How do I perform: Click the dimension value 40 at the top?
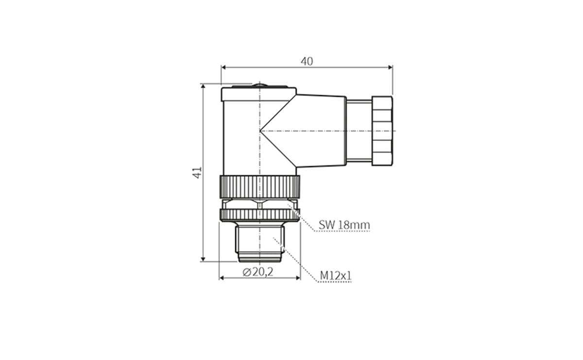(x=307, y=61)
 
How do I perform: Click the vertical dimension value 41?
(x=197, y=172)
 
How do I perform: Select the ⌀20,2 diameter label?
(x=258, y=272)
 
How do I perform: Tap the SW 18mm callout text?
(x=344, y=225)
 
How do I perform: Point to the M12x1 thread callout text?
(x=335, y=276)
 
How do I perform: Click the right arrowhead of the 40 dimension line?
(x=390, y=68)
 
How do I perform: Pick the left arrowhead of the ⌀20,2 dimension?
(x=222, y=278)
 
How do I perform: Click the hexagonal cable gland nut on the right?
(x=382, y=131)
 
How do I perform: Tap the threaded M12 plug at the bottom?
(x=259, y=242)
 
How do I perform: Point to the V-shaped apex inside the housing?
(x=262, y=131)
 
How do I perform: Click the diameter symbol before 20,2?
(x=246, y=272)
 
